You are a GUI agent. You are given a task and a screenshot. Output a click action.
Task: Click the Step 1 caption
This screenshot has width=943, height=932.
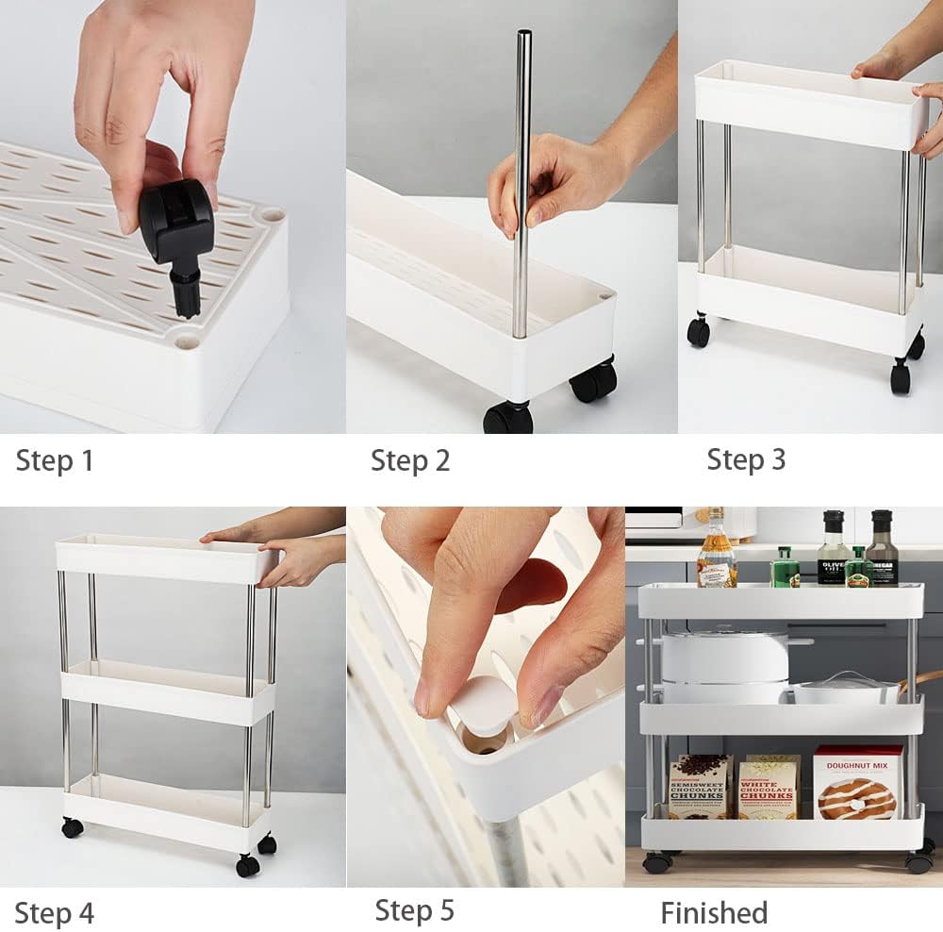click(55, 461)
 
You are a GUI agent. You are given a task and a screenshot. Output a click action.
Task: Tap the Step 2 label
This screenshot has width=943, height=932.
click(410, 461)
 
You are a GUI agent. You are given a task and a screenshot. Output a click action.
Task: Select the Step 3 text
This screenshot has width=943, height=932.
click(746, 459)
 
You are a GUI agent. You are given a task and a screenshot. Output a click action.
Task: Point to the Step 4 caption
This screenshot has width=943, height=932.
click(55, 913)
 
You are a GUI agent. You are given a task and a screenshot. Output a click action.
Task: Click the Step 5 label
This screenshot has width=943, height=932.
click(415, 910)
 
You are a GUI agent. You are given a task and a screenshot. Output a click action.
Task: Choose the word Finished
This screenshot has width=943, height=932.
click(714, 913)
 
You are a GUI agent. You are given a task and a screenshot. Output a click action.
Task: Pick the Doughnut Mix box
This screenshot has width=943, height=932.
click(857, 782)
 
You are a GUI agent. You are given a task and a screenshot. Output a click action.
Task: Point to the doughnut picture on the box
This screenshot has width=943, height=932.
click(856, 798)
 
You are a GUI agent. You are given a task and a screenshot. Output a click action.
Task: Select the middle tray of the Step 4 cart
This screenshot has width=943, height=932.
click(168, 693)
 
